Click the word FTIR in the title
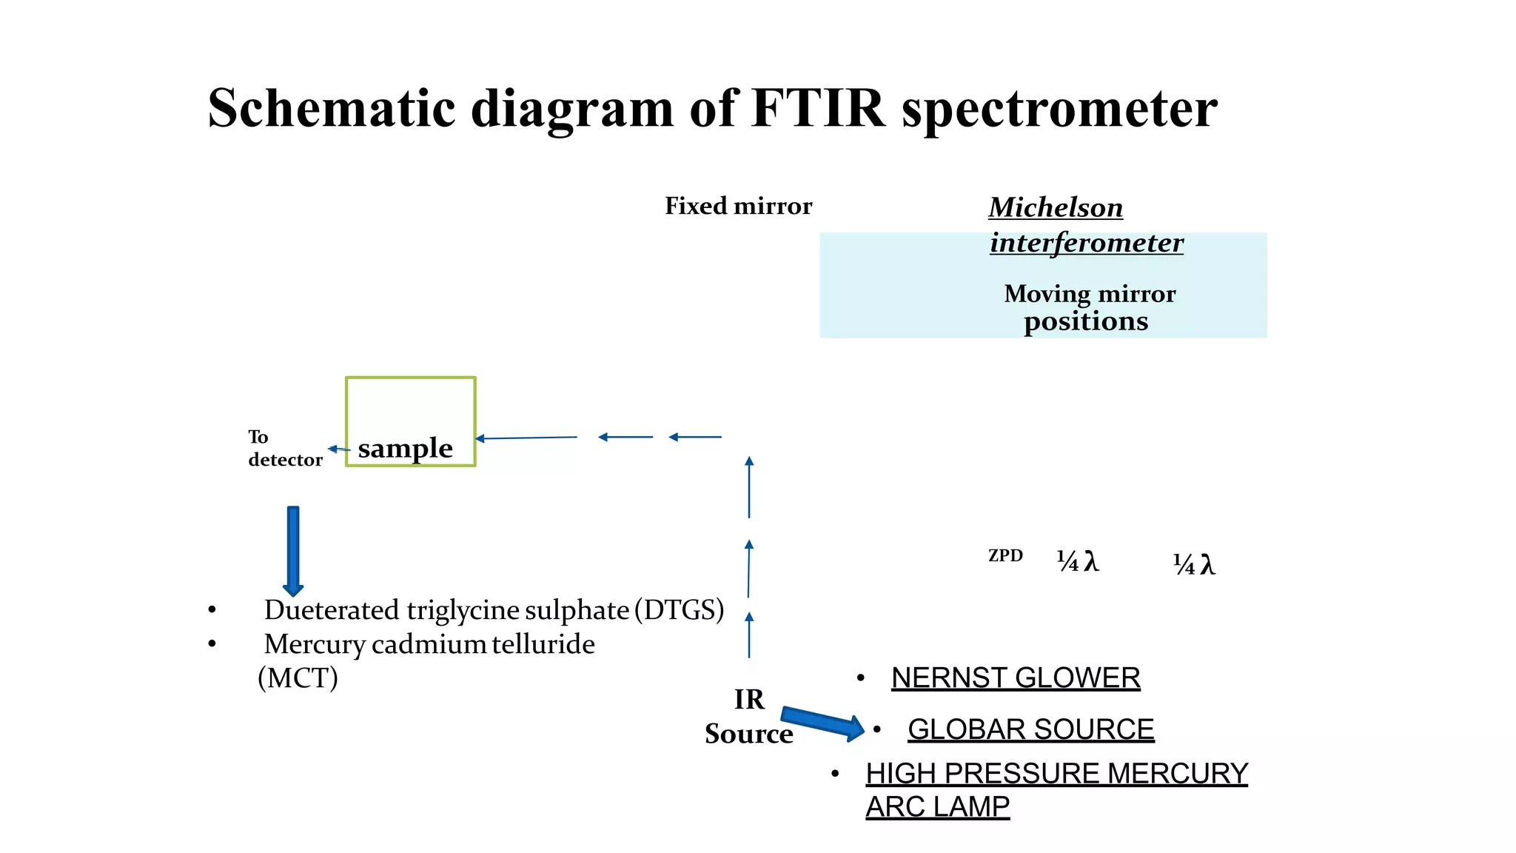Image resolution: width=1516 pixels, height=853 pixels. tap(817, 108)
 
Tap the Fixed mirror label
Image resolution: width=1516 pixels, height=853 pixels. tap(738, 206)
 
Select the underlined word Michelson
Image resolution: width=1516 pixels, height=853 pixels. tap(1056, 207)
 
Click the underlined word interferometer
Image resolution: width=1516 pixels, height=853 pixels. tap(1087, 242)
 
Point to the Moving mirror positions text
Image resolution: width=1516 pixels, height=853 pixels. tap(1089, 307)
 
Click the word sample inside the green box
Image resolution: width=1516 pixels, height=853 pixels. tap(405, 448)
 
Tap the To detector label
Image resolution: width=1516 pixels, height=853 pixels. tap(284, 448)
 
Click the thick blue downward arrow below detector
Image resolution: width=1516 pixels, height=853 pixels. tap(293, 550)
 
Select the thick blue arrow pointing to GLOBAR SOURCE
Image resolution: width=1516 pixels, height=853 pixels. tap(822, 723)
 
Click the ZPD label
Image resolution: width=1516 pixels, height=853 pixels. tap(1005, 555)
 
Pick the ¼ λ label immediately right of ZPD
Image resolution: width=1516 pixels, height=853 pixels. tap(1077, 561)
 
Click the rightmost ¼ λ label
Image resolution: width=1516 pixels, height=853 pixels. tap(1193, 564)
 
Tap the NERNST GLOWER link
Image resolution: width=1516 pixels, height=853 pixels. tap(1015, 678)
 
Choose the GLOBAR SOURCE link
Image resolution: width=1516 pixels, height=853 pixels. tap(1030, 729)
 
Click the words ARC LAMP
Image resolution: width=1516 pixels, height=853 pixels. tap(937, 806)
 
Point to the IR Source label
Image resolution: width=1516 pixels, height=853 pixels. tap(748, 716)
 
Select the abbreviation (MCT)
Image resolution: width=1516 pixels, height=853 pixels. tap(298, 678)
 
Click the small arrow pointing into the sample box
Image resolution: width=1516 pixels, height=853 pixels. tap(526, 438)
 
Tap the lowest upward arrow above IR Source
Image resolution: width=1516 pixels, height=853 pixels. tap(749, 635)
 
